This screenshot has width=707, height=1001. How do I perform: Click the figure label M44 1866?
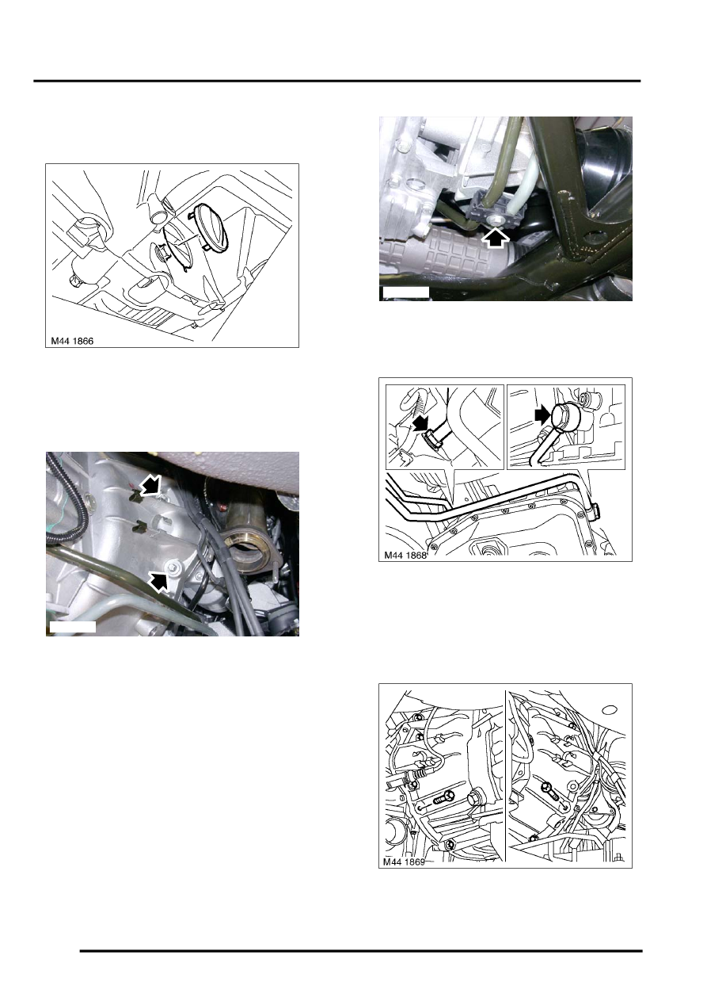pyautogui.click(x=72, y=341)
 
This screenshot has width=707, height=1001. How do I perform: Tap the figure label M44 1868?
pyautogui.click(x=405, y=555)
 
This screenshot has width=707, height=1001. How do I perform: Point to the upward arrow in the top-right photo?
pyautogui.click(x=496, y=239)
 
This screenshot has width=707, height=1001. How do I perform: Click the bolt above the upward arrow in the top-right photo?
pyautogui.click(x=496, y=220)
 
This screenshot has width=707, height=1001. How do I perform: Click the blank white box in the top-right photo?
pyautogui.click(x=405, y=292)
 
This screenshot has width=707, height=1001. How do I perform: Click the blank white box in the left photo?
pyautogui.click(x=73, y=627)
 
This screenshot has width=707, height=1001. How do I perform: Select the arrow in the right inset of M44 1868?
pyautogui.click(x=543, y=415)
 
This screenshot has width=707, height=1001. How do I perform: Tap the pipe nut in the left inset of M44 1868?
pyautogui.click(x=433, y=438)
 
